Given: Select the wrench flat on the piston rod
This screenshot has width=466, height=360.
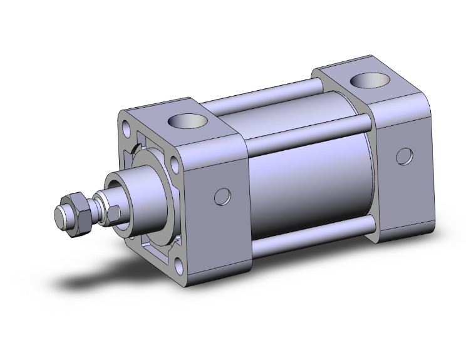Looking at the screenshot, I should coord(112,213).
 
